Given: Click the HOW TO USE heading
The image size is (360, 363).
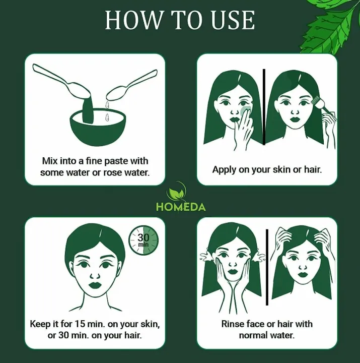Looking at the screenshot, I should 180,20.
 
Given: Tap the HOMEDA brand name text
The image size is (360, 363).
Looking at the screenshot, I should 180,207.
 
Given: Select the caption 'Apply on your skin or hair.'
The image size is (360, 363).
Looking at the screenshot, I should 267,169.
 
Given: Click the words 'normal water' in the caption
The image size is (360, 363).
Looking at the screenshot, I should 266,335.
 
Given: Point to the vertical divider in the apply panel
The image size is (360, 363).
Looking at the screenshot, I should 264,106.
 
